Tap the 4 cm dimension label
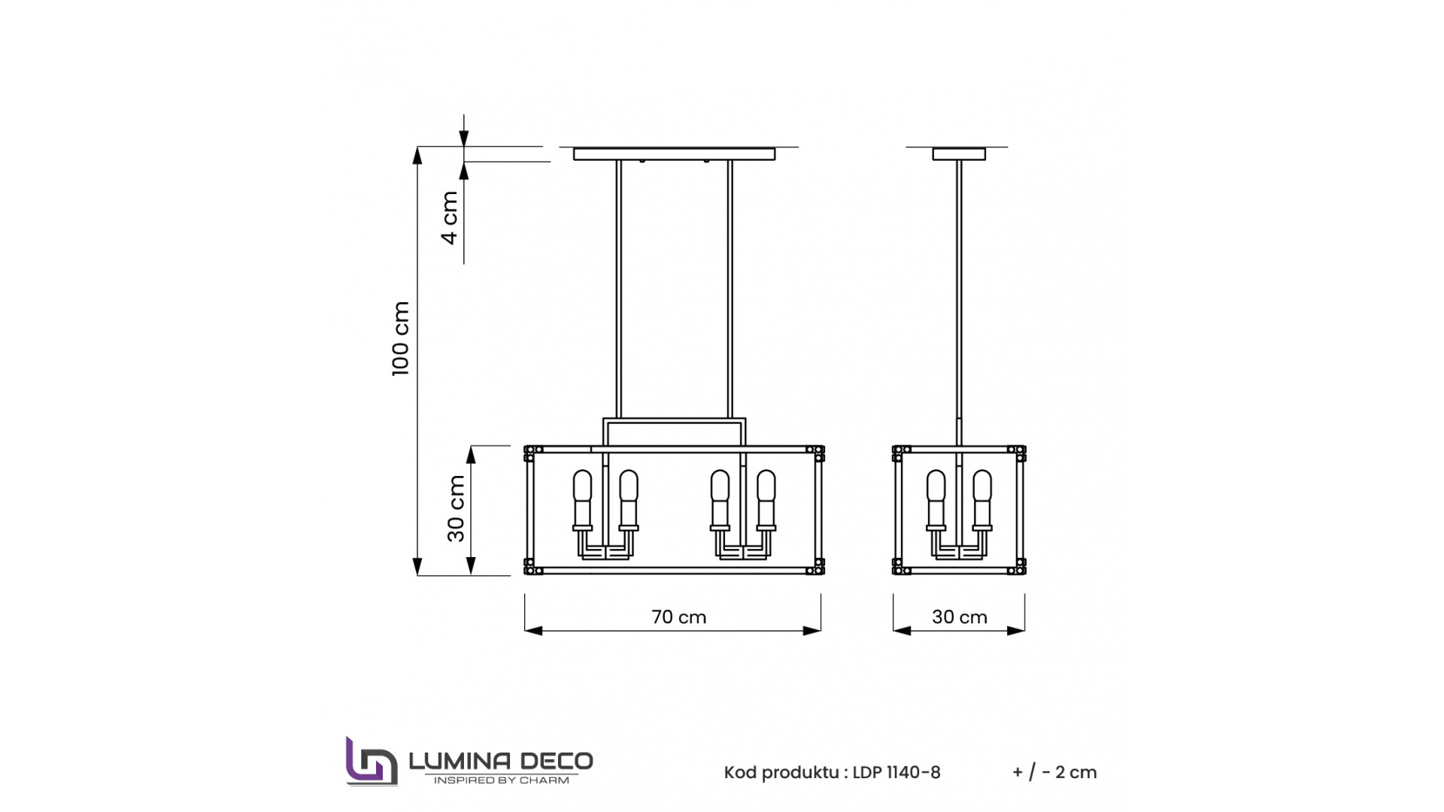(450, 217)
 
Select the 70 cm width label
(678, 617)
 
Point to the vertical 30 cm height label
(456, 509)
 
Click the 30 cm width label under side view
(959, 617)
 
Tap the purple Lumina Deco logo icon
(370, 762)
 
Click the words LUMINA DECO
(501, 761)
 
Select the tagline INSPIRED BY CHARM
(501, 780)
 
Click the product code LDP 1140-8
(896, 773)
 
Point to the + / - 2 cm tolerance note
(1054, 773)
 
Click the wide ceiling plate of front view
(674, 154)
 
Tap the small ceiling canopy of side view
(959, 154)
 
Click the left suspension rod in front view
(619, 289)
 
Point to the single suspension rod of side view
(959, 301)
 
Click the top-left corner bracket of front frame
(529, 453)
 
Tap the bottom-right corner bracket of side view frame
(1020, 567)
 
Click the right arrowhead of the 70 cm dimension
(813, 631)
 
